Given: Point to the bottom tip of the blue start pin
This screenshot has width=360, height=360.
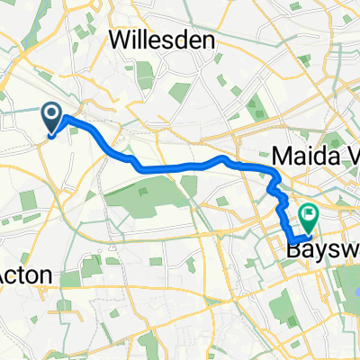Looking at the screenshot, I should point(52,136).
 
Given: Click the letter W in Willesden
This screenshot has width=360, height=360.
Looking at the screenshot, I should point(120,40).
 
